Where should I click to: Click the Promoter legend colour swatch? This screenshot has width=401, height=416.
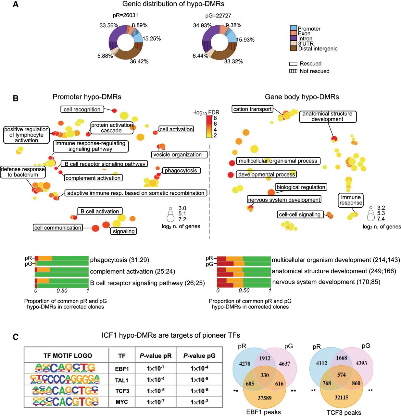[x=294, y=28]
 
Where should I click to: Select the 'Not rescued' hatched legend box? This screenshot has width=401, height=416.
[x=293, y=71]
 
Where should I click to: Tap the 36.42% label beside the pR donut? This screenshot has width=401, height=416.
[x=139, y=61]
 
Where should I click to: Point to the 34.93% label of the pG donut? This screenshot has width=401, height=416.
[x=202, y=25]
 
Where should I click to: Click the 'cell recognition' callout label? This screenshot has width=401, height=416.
[x=82, y=110]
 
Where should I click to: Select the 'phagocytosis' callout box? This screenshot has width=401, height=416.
[x=181, y=171]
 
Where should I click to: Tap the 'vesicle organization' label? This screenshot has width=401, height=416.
[x=177, y=155]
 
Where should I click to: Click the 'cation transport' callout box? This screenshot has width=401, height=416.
[x=252, y=109]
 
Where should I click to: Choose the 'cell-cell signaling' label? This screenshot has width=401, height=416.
[x=299, y=214]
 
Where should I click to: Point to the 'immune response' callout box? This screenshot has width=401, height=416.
[x=351, y=200]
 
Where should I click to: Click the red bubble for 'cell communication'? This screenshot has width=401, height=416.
[x=95, y=228]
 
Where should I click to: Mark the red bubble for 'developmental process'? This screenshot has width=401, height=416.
[x=231, y=175]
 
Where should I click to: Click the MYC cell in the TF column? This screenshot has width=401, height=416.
[x=122, y=402]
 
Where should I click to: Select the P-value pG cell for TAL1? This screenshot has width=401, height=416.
[x=199, y=380]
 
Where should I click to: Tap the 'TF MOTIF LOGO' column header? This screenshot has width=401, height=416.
[x=68, y=356]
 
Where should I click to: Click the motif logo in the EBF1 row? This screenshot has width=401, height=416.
[x=65, y=368]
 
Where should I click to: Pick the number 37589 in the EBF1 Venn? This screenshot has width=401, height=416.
[x=264, y=398]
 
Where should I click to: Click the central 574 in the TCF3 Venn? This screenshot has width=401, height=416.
[x=341, y=375]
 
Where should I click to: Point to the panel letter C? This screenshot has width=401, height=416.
[x=15, y=337]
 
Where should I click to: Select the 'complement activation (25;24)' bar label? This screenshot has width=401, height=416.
[x=121, y=271]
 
